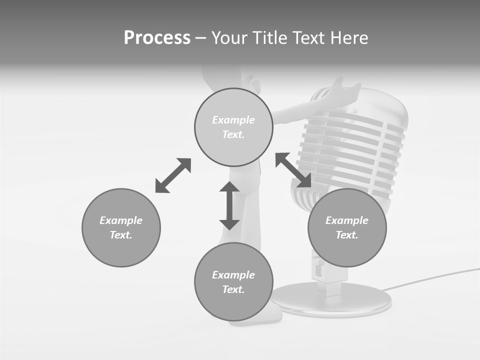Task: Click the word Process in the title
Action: point(157,38)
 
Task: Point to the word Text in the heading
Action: point(309,38)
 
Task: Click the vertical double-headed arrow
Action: point(229,206)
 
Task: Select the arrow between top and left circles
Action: point(173,175)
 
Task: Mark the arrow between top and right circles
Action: point(293,170)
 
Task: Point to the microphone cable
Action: point(430,278)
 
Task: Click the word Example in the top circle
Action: point(233,120)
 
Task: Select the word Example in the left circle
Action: point(121,220)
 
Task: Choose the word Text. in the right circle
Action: point(347,235)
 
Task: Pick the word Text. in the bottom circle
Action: point(233,289)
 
